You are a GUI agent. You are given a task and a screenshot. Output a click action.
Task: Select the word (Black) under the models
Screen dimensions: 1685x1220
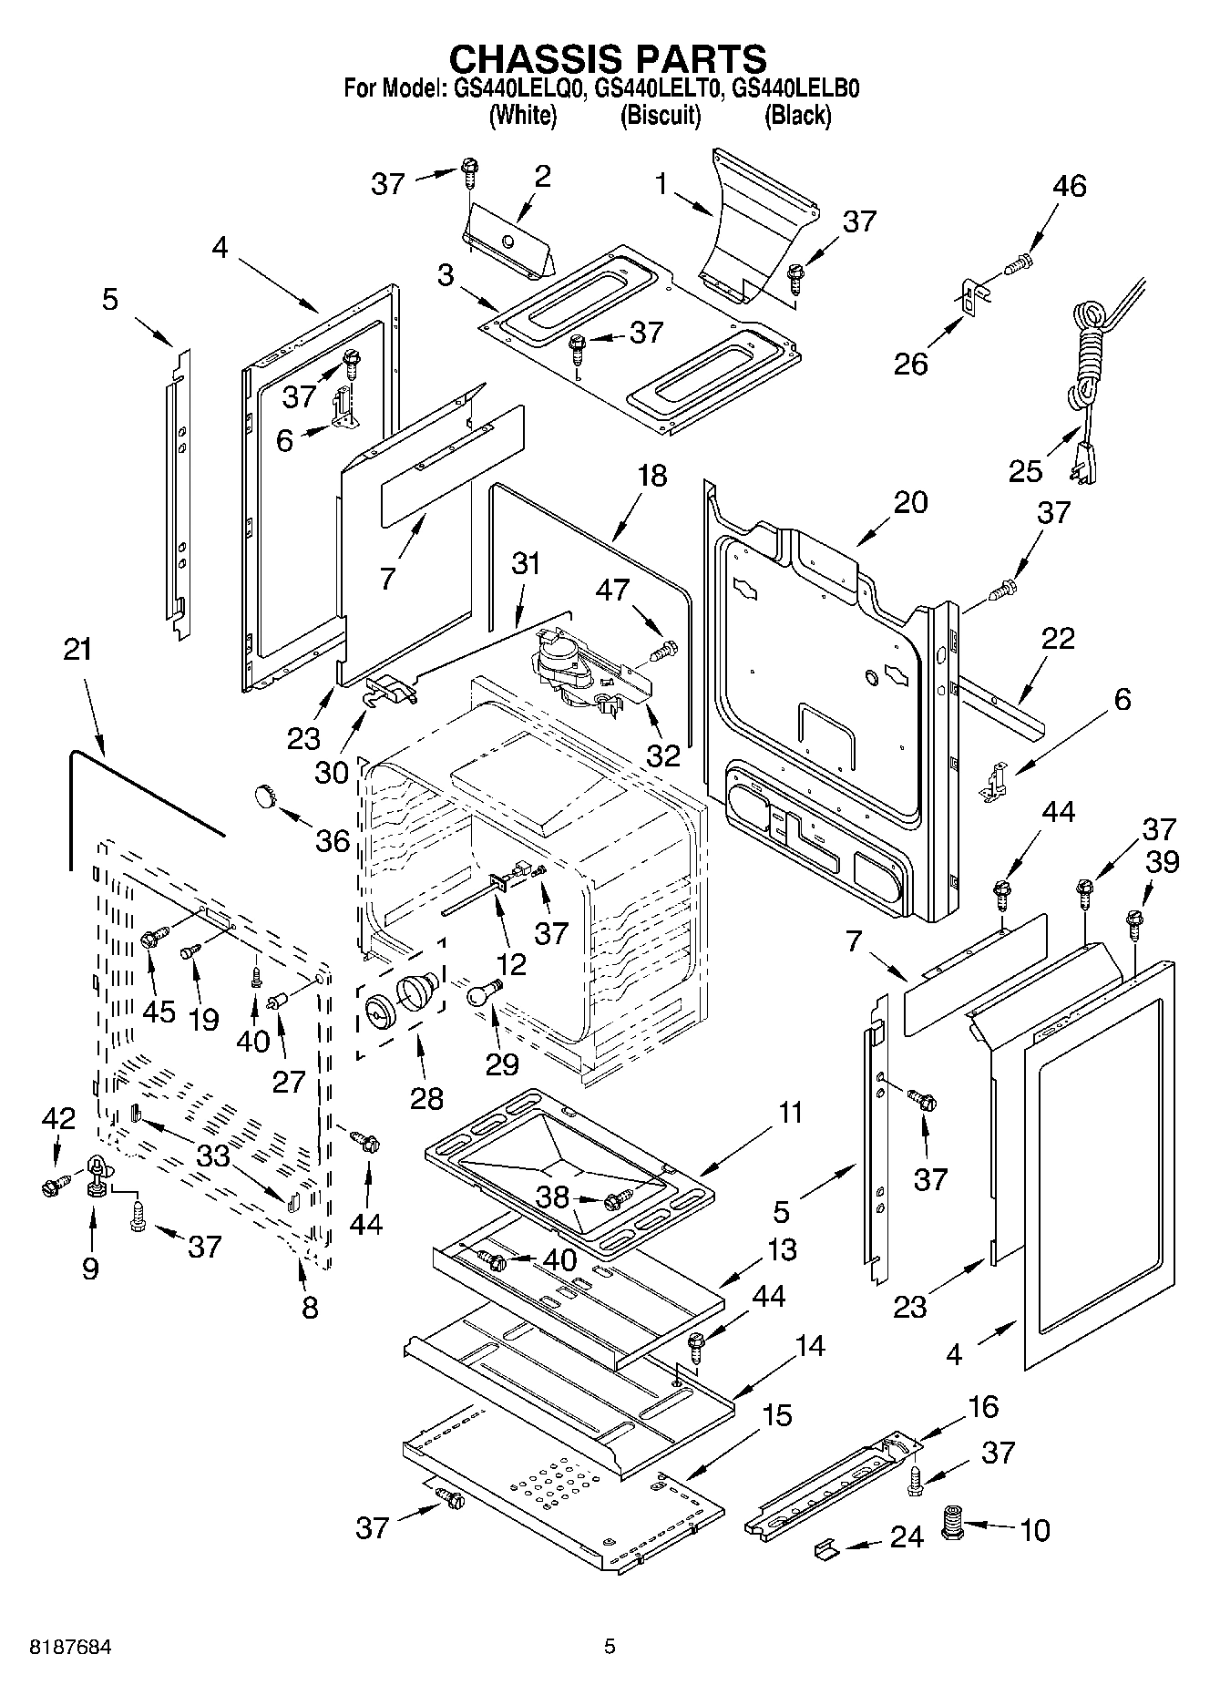(x=797, y=116)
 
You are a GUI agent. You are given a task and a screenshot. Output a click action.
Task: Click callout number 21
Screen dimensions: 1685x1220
(x=78, y=650)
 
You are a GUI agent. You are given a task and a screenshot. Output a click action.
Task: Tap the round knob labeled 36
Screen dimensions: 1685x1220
(x=264, y=796)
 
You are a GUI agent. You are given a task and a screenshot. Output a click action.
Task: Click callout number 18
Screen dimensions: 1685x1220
(x=652, y=476)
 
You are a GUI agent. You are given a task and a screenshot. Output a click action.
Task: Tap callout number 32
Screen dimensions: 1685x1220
(x=662, y=755)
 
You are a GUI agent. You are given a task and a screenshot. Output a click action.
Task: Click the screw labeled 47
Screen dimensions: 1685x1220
(x=664, y=651)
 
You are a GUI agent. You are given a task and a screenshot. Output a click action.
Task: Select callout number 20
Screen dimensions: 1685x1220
(x=910, y=502)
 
